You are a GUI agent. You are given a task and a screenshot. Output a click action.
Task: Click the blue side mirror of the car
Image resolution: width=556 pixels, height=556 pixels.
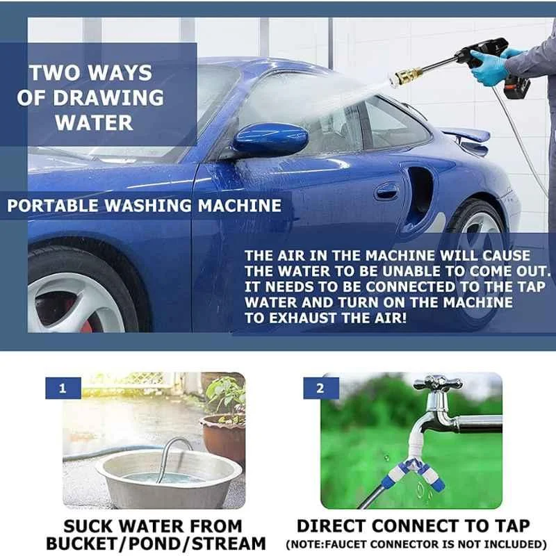click(x=270, y=141)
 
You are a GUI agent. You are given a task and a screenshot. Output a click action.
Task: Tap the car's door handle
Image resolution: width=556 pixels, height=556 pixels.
click(x=386, y=192)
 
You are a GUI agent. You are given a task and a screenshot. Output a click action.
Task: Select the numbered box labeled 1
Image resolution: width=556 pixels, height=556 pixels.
click(x=63, y=389)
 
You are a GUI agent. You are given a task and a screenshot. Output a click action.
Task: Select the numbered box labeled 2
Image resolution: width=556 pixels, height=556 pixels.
click(x=320, y=389)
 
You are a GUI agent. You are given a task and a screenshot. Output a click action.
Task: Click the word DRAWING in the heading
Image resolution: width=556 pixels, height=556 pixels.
click(x=108, y=97)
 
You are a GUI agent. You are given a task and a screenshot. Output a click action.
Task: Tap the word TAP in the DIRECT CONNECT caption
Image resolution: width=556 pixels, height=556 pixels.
click(x=512, y=526)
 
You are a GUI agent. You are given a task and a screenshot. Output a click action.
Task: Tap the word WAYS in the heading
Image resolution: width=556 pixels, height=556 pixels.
click(x=120, y=72)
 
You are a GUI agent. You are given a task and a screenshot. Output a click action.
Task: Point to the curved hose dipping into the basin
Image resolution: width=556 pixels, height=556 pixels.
click(x=171, y=448)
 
